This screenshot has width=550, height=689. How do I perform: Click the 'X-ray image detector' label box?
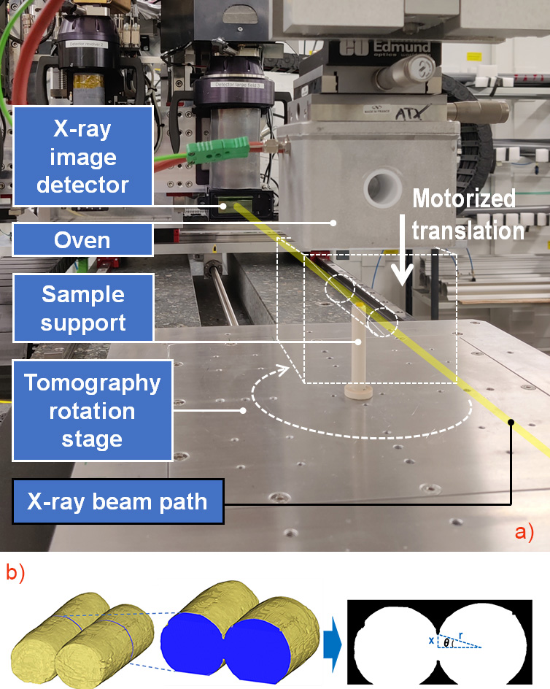coord(82,157)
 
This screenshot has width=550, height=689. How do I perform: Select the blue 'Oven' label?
coord(82,240)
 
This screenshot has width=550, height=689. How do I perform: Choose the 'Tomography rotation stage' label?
coord(92,411)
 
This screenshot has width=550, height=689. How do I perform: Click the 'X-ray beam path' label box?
coord(117,501)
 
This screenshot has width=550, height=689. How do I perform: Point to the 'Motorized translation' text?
coord(464,215)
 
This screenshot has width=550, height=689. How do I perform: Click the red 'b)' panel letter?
coord(16,571)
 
